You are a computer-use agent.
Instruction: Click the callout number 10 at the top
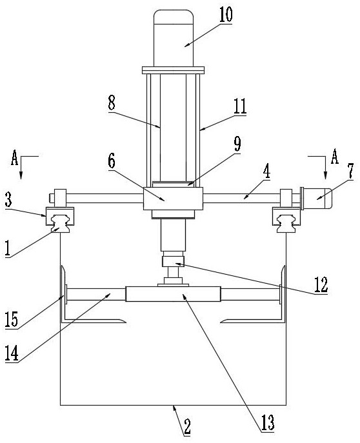226,14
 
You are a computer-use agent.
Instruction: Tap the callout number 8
112,103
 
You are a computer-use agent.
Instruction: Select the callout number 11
240,106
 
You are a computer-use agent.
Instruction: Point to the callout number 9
237,144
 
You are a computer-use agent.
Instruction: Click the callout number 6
112,161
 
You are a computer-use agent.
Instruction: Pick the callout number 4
266,171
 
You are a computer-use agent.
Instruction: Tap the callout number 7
350,171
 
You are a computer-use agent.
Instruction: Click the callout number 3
8,199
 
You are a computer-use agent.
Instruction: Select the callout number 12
321,285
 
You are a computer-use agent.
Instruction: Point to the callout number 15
12,320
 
